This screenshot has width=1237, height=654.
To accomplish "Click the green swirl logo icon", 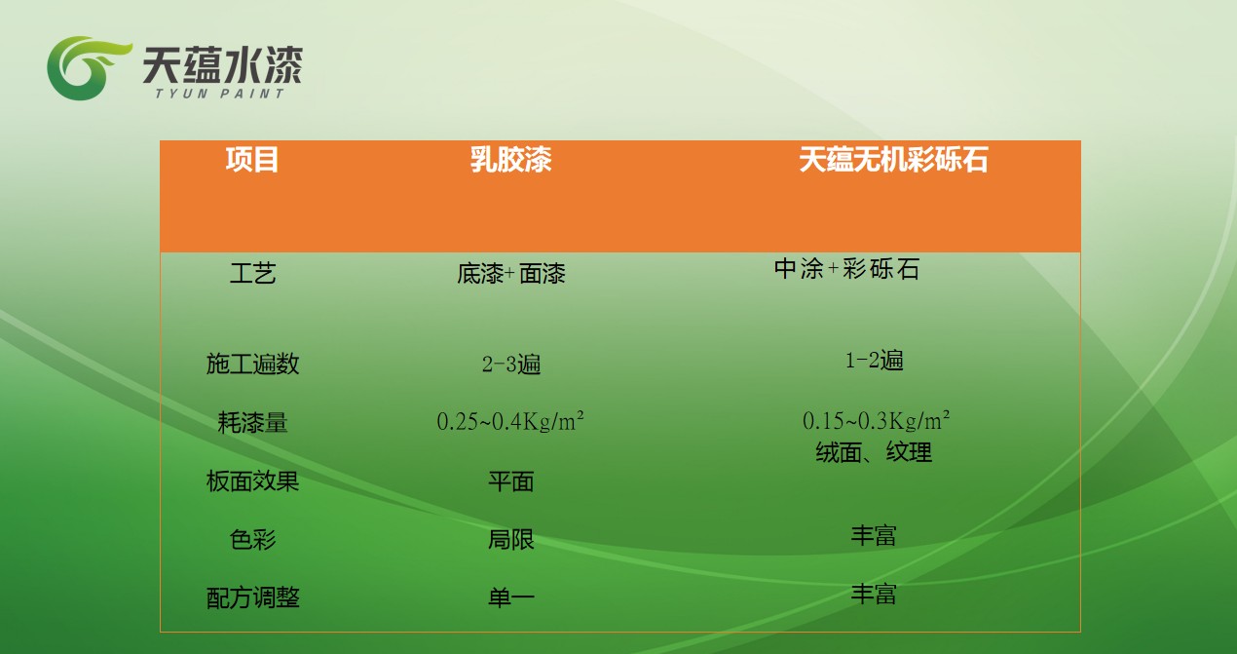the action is point(89,67).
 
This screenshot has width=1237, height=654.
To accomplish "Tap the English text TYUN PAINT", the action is point(219,94).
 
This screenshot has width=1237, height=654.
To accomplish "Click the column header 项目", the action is point(252,160).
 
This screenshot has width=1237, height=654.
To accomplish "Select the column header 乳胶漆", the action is point(510,160).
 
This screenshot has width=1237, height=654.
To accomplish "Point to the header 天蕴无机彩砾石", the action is point(893,160).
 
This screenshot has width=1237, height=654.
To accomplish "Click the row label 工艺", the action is point(252,273).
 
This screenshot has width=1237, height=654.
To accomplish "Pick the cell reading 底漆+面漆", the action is point(510,273).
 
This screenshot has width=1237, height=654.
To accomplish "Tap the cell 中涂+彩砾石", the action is point(846,269).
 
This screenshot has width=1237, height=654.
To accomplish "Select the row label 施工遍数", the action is point(252,364).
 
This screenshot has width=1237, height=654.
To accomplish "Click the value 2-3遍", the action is point(510,365).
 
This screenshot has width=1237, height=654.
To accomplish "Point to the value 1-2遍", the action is point(875,360).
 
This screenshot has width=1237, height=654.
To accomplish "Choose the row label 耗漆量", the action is point(252,422).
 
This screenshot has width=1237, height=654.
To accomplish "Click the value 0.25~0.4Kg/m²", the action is point(510,421).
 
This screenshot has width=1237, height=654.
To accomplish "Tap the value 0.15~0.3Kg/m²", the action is point(876,420).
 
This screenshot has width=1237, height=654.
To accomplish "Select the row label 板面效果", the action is point(252,481).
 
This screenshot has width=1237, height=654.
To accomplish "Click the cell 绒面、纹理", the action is point(874,452).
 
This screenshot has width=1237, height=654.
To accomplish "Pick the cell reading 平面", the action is point(510,481).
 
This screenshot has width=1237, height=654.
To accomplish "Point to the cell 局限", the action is point(510,539).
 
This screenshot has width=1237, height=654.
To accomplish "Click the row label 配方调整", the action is point(252,597).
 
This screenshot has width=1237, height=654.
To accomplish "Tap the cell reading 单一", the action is point(510,597).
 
